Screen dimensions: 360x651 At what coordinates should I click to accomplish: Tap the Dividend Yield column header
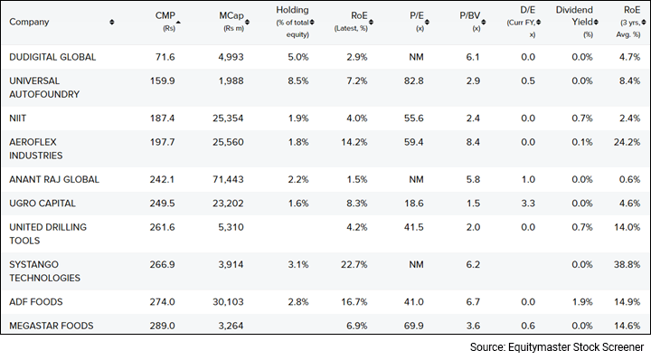tap(575, 15)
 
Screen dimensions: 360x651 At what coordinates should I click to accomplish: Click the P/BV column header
tap(470, 16)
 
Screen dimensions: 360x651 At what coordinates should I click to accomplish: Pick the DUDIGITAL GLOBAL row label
tap(53, 57)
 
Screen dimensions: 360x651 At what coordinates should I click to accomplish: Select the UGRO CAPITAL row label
tap(42, 204)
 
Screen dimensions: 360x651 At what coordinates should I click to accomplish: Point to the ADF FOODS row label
tap(35, 300)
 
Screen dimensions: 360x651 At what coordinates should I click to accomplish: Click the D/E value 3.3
tap(526, 204)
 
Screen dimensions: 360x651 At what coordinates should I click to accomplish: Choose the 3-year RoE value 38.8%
tap(627, 265)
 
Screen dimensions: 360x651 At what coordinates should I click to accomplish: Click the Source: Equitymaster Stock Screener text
tap(555, 346)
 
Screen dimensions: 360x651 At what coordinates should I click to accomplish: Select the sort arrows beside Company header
tap(111, 22)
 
